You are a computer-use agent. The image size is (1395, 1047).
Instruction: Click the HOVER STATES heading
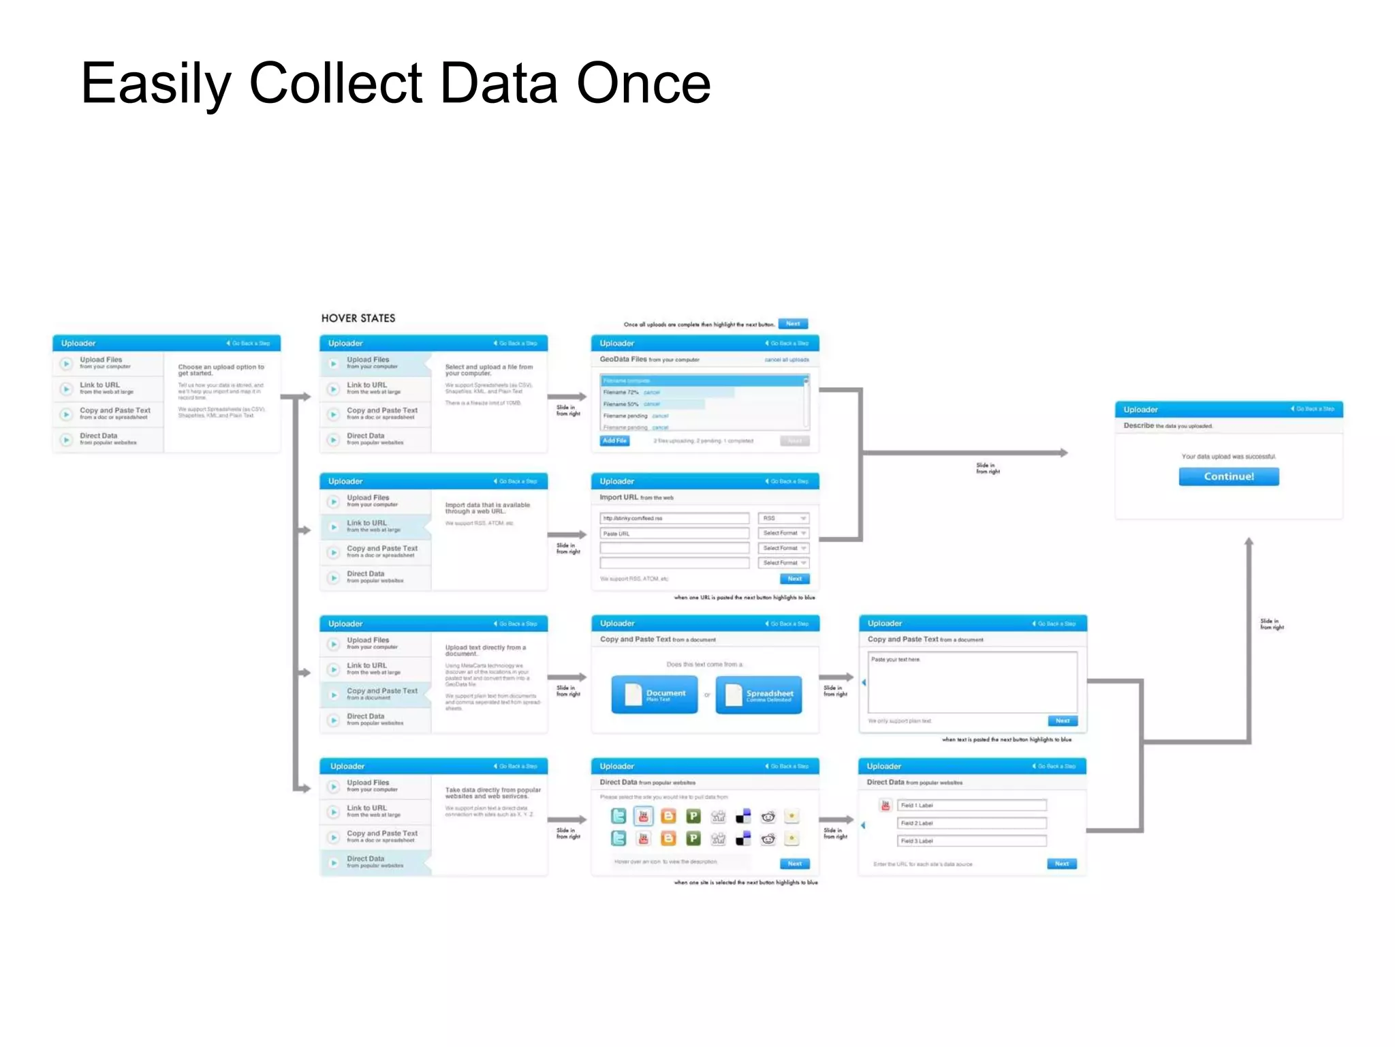[358, 318]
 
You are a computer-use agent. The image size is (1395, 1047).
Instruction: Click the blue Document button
[654, 695]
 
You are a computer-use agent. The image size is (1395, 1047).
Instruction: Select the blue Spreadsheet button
[759, 695]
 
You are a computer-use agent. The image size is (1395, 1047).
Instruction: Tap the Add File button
[614, 441]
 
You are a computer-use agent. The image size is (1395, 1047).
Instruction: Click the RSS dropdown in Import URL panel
[783, 518]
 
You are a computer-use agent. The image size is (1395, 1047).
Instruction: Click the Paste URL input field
[674, 534]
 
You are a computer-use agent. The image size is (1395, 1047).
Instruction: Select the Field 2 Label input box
[971, 823]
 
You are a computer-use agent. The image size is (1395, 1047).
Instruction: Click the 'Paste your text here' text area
[973, 682]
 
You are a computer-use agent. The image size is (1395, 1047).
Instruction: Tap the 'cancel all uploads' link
[786, 360]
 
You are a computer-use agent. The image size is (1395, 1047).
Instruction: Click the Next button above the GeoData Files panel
[793, 324]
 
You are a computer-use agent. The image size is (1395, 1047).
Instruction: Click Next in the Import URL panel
[794, 579]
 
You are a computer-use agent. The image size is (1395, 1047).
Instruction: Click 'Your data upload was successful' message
[1228, 457]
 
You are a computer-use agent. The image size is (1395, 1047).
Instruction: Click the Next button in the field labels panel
[1061, 864]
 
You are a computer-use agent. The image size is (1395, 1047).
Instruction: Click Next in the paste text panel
[1062, 720]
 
